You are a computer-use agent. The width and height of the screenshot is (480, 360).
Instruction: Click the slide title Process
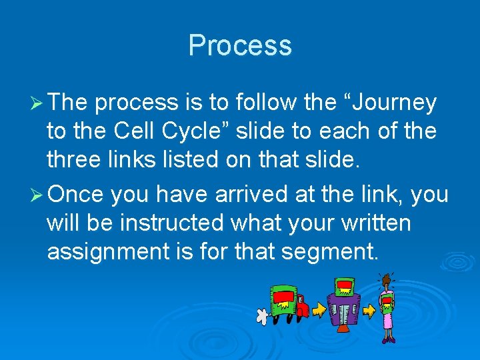(x=240, y=45)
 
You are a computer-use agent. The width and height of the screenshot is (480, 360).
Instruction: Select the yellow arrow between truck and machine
(x=320, y=310)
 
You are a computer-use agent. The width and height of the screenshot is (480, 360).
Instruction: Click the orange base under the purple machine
(x=342, y=329)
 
